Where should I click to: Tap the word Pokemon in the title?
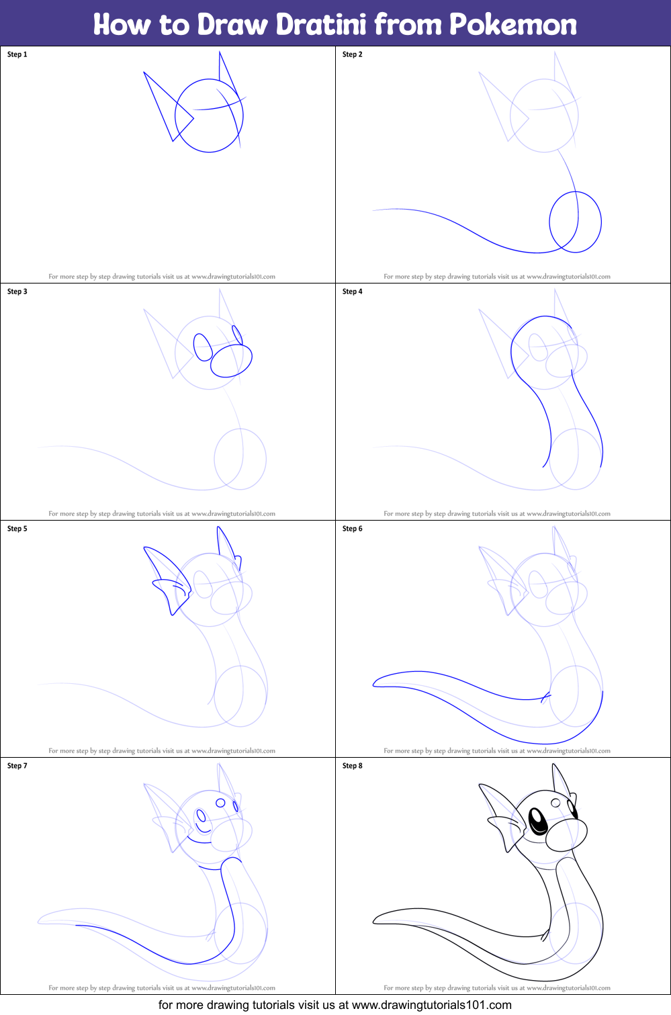[x=513, y=24]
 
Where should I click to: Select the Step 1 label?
[x=17, y=54]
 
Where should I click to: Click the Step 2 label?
[x=353, y=54]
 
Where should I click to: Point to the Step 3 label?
[x=17, y=292]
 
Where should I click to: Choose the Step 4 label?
[x=353, y=292]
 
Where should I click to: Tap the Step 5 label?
[x=17, y=529]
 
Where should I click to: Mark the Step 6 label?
[x=353, y=529]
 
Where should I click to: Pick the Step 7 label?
[x=17, y=765]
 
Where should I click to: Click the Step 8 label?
[x=353, y=765]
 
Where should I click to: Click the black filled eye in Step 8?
[x=538, y=821]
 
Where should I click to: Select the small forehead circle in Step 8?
[x=555, y=803]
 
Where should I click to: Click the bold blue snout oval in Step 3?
[x=231, y=361]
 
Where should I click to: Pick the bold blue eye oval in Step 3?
[x=203, y=347]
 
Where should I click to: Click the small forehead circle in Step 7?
[x=220, y=803]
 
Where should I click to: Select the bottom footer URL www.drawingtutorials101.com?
[x=432, y=1005]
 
